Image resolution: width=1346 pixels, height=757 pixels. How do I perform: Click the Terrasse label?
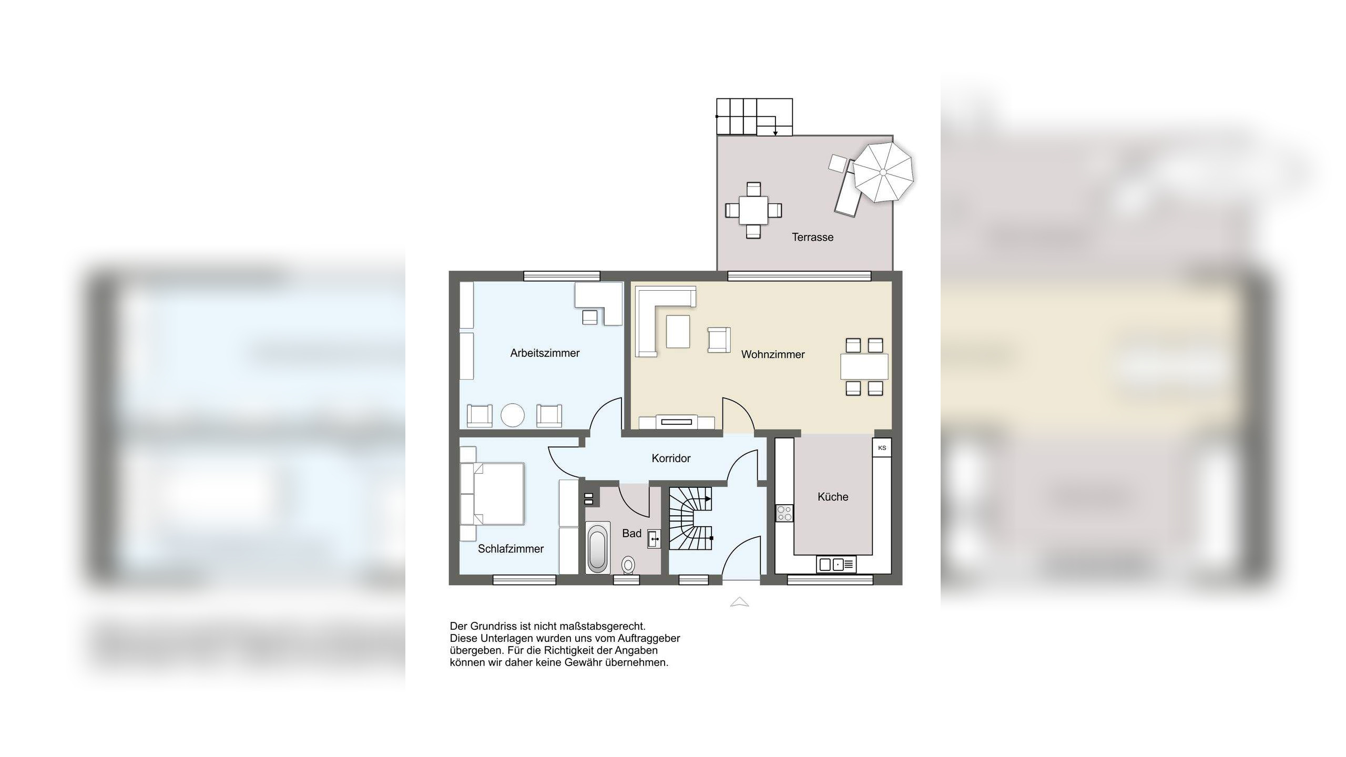pyautogui.click(x=812, y=237)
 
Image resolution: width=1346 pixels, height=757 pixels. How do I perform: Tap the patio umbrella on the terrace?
pyautogui.click(x=883, y=172)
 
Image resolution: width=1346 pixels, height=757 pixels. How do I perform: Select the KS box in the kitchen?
pyautogui.click(x=882, y=448)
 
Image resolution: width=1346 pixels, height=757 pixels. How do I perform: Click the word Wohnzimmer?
pyautogui.click(x=773, y=355)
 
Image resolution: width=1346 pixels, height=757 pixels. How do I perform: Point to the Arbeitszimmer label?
pyautogui.click(x=545, y=353)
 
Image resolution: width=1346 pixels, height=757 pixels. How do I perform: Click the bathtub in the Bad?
pyautogui.click(x=598, y=548)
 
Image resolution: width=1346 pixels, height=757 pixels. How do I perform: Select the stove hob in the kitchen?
pyautogui.click(x=785, y=513)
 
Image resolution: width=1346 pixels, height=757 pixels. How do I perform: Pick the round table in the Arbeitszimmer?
pyautogui.click(x=513, y=415)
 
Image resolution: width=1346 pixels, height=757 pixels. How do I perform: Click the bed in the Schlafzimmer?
pyautogui.click(x=492, y=494)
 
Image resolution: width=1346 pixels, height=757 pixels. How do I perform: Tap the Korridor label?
pyautogui.click(x=671, y=458)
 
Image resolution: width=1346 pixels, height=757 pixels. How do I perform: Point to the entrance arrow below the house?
pyautogui.click(x=739, y=602)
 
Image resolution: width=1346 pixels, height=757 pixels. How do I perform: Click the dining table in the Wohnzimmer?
pyautogui.click(x=864, y=367)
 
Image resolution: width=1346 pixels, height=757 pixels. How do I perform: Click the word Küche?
pyautogui.click(x=833, y=497)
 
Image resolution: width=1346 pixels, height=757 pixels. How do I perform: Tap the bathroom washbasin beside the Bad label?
pyautogui.click(x=654, y=539)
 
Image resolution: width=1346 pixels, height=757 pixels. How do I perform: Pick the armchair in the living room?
pyautogui.click(x=719, y=340)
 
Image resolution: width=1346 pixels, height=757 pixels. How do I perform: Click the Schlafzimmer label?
pyautogui.click(x=511, y=549)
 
